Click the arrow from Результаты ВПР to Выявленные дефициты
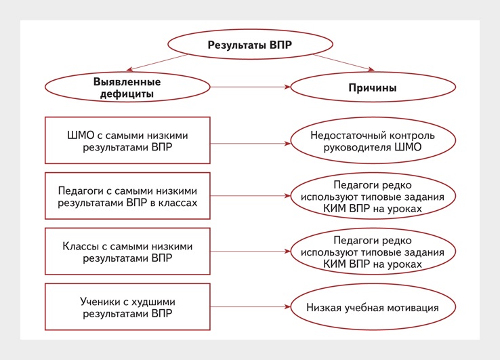157,62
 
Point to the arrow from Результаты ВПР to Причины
343,62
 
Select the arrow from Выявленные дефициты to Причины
250,87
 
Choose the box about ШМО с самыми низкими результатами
127,140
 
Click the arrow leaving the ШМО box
250,144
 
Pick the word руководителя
358,147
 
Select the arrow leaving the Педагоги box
250,196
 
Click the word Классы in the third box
81,246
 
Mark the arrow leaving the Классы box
250,251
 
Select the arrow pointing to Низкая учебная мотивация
250,306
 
